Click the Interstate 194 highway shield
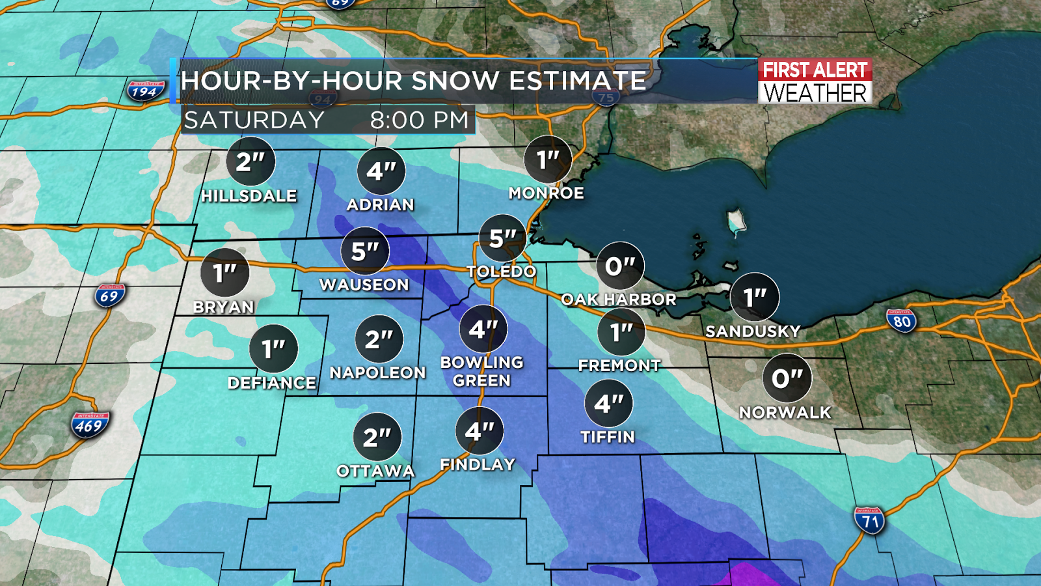click(x=144, y=91)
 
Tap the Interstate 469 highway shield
click(x=90, y=425)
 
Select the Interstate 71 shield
click(x=870, y=520)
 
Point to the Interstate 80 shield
click(x=902, y=320)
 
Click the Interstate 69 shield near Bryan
click(x=109, y=296)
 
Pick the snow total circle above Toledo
click(x=502, y=238)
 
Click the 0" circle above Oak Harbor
click(x=620, y=266)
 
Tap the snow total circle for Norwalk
click(x=787, y=378)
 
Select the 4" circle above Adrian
click(x=381, y=171)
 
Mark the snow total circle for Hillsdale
click(x=250, y=161)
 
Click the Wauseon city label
click(x=364, y=285)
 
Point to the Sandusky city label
click(x=753, y=331)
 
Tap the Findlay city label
click(x=478, y=465)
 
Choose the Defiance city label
click(x=272, y=383)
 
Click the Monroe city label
click(x=547, y=193)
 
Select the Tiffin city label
click(x=608, y=437)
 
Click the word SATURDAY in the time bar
click(x=254, y=120)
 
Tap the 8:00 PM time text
click(x=419, y=120)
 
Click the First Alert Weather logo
click(x=815, y=81)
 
